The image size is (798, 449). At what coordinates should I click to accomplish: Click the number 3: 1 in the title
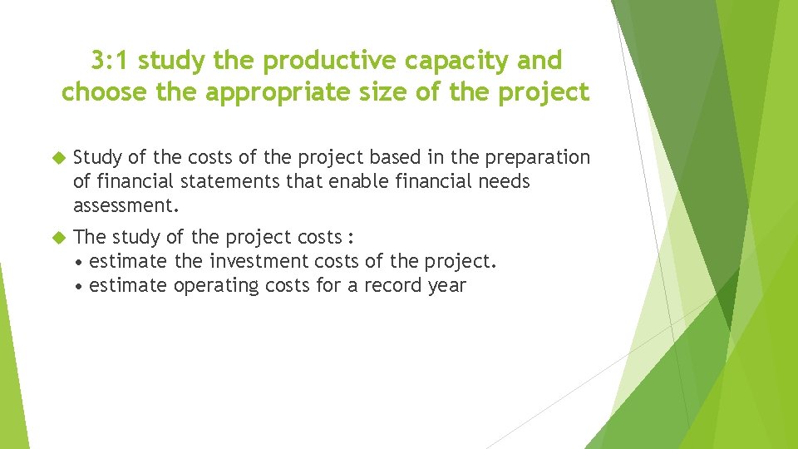tap(111, 61)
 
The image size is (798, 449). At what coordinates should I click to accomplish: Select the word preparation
tap(537, 158)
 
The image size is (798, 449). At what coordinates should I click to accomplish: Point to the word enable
tap(347, 181)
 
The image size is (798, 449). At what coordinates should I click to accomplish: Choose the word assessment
tap(126, 205)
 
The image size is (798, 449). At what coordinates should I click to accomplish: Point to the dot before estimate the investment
tap(78, 263)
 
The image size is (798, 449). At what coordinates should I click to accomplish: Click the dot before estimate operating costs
tap(78, 287)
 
